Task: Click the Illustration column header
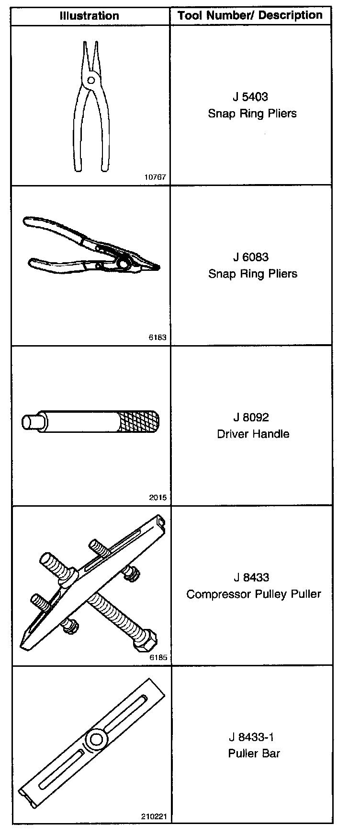tap(90, 16)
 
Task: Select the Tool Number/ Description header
tap(250, 15)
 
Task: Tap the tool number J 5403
tap(250, 97)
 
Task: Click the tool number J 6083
tap(250, 257)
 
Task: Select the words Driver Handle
tap(253, 434)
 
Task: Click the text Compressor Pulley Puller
tap(253, 594)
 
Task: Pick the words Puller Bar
tap(254, 753)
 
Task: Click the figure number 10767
tap(155, 177)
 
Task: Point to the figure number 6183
tap(157, 337)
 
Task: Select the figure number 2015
tap(157, 498)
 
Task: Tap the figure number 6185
tap(158, 658)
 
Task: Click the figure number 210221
tap(154, 817)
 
